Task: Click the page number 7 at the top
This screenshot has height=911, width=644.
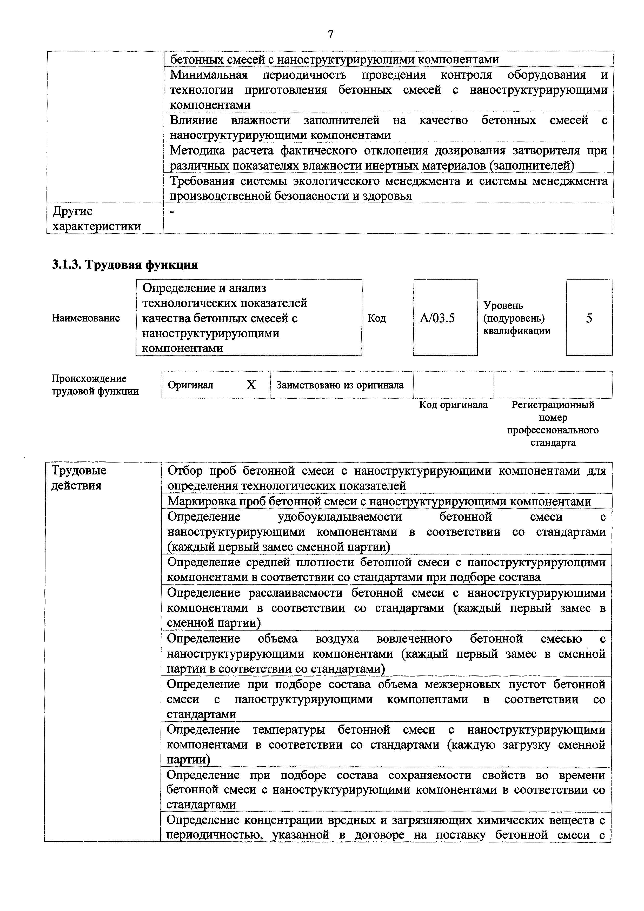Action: [330, 35]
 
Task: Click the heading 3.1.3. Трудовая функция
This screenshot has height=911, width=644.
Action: [125, 264]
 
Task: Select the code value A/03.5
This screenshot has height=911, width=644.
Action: [437, 318]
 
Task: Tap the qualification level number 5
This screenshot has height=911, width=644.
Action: [589, 318]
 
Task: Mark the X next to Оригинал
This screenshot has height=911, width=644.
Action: [251, 385]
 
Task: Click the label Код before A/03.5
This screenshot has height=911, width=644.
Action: [377, 318]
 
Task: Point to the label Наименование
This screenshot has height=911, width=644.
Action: [86, 318]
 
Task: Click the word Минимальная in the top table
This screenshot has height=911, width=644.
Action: [208, 75]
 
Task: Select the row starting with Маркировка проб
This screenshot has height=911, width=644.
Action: [379, 501]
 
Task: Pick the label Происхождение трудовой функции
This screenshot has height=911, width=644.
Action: [95, 385]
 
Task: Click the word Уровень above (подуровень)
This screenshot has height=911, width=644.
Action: [503, 305]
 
